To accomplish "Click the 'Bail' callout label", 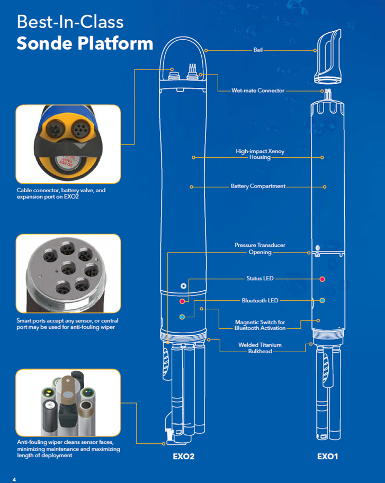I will pos(258,51).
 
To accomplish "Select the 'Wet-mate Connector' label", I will pos(258,91).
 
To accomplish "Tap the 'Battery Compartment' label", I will pos(258,186).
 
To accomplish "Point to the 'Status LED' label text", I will pos(259,279).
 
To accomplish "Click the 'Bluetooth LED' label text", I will pos(260,300).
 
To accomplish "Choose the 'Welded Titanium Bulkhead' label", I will pos(259,348).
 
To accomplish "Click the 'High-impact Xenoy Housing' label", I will pos(259,154).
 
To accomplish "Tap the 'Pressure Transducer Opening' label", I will pos(260,249).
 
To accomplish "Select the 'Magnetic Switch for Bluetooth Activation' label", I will pos(259,325).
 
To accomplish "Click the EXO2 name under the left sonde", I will pos(184,456).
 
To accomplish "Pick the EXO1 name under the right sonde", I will pos(327,456).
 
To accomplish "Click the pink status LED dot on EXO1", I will pos(323,279).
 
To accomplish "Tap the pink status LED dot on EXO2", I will pos(182,301).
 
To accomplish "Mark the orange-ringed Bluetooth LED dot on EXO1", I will pos(323,300).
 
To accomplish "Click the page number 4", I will pos(14,480).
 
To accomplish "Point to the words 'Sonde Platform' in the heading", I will pos(85,43).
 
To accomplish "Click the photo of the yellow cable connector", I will pos(68,143).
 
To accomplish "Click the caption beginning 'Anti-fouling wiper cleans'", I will pos(68,449).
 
